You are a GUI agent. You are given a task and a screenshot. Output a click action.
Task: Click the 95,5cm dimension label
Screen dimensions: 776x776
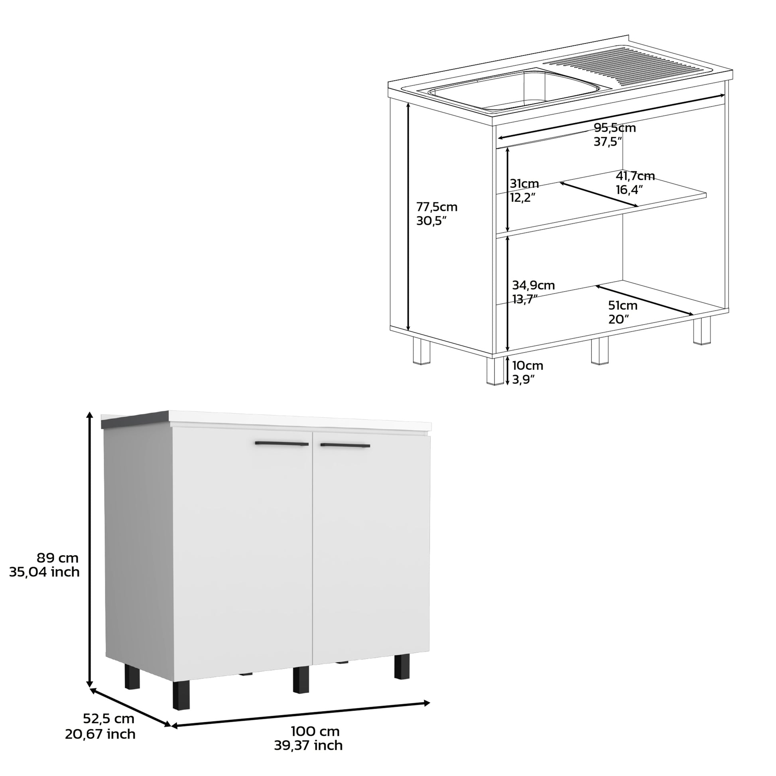(x=614, y=128)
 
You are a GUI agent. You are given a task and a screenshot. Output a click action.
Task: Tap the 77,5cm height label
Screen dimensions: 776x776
(x=437, y=207)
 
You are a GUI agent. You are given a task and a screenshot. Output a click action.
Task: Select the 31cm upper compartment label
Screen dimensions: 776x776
(x=524, y=184)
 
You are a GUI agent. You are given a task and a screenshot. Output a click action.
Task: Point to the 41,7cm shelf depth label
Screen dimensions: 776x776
(x=635, y=176)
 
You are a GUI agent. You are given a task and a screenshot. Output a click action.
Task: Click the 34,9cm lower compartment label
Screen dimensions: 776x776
(x=533, y=286)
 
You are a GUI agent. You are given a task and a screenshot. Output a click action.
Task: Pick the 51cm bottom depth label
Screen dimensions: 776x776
(x=622, y=306)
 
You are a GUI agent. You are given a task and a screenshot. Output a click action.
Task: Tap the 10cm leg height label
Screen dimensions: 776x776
(x=528, y=366)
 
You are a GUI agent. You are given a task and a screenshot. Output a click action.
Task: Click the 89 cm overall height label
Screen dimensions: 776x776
(x=57, y=558)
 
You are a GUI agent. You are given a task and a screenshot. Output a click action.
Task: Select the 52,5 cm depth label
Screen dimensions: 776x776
(x=108, y=718)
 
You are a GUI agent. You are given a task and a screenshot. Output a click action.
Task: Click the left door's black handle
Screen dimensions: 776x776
(x=282, y=444)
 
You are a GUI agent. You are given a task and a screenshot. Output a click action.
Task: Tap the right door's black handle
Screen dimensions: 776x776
(x=345, y=445)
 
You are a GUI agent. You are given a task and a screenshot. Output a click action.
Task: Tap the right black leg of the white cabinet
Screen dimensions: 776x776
(x=401, y=666)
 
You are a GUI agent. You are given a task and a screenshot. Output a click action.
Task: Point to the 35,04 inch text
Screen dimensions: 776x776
(x=44, y=572)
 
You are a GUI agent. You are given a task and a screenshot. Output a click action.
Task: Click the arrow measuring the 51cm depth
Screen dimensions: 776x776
(x=644, y=300)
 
